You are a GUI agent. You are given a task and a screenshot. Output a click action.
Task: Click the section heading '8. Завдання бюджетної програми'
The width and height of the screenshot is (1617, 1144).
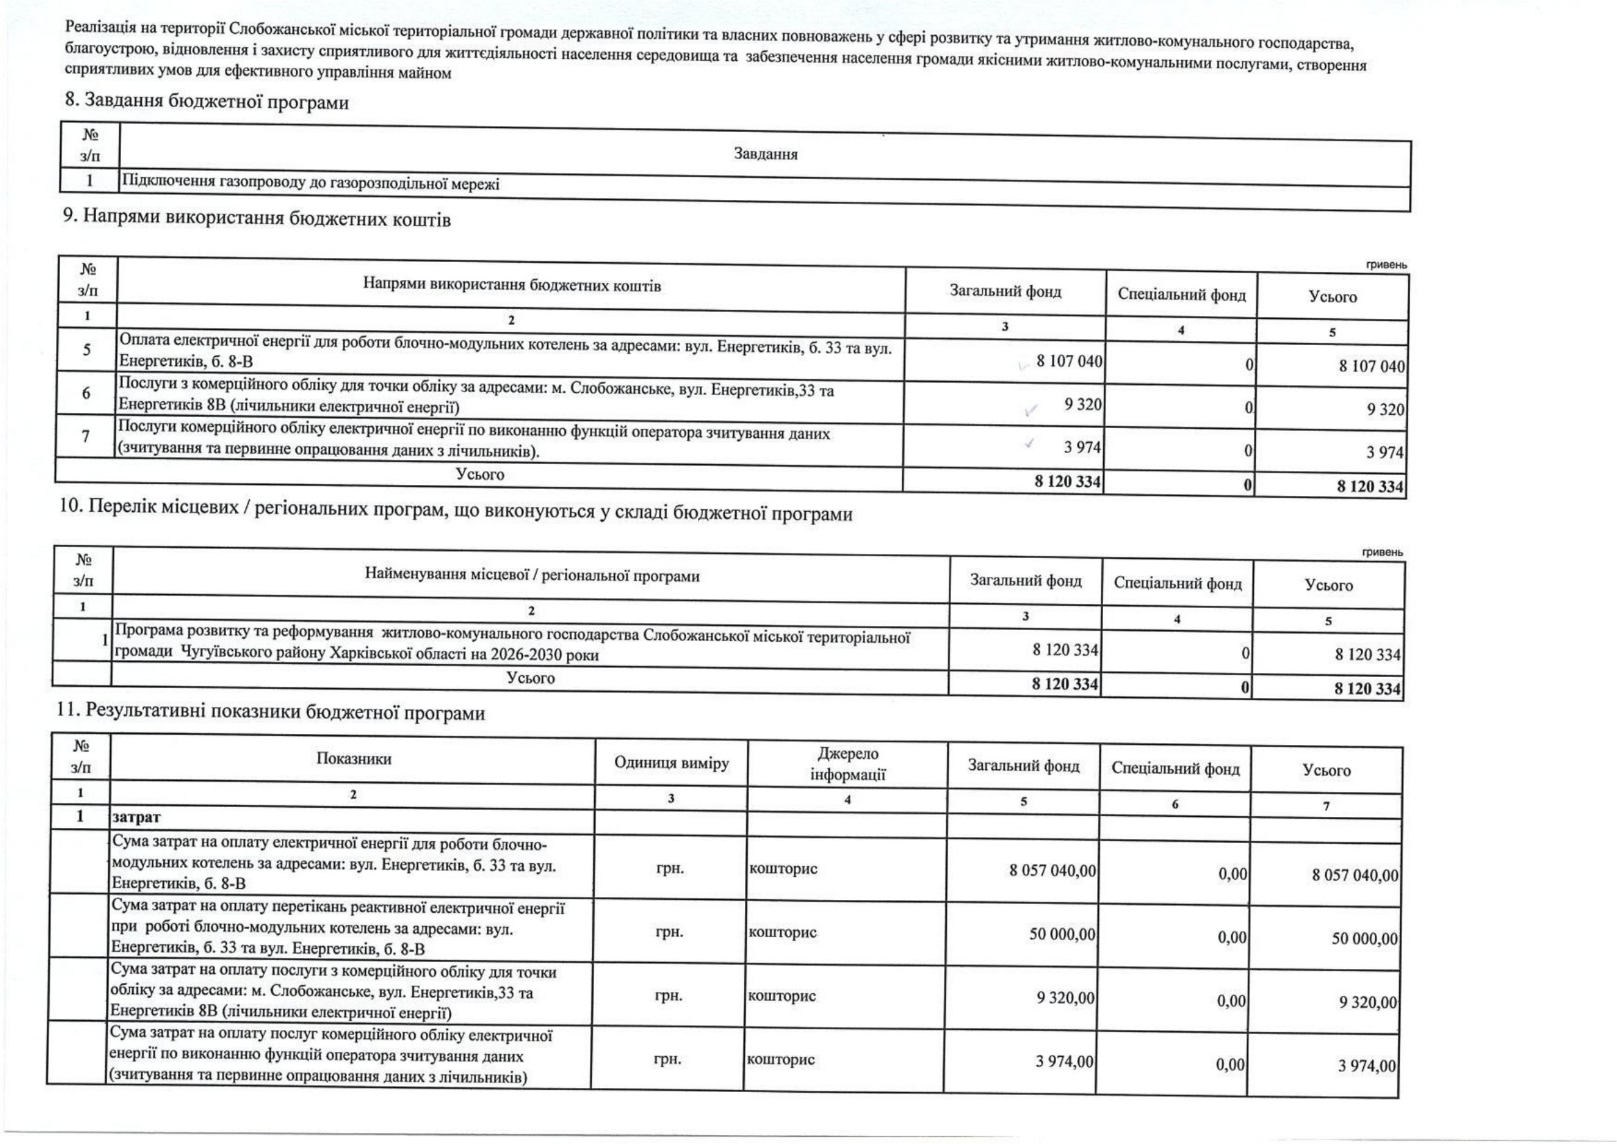tap(207, 102)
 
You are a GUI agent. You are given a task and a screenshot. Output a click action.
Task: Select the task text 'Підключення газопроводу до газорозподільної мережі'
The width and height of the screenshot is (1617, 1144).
tap(311, 184)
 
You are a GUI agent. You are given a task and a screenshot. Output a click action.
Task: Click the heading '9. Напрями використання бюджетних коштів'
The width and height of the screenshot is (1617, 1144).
tap(257, 219)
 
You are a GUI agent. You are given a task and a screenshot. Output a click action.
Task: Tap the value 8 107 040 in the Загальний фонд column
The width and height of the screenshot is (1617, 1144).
tap(1069, 361)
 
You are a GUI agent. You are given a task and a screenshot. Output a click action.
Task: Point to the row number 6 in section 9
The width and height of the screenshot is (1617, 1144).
tap(86, 393)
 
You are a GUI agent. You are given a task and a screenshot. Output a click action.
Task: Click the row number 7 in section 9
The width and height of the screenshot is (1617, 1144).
tap(85, 436)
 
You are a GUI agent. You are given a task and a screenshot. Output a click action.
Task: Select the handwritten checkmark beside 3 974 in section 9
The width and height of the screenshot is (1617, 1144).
tap(1030, 443)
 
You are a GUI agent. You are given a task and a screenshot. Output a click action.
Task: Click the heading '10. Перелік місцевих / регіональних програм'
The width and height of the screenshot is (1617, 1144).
tap(455, 513)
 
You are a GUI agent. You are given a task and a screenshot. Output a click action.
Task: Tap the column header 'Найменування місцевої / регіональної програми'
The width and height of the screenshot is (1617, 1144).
tap(532, 576)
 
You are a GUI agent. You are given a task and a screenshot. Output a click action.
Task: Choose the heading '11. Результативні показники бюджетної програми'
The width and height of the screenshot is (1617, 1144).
tap(271, 713)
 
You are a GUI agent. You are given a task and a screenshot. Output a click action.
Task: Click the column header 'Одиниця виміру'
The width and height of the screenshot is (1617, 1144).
tap(671, 763)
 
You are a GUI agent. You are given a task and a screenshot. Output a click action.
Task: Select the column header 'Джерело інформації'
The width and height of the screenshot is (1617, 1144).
tap(848, 764)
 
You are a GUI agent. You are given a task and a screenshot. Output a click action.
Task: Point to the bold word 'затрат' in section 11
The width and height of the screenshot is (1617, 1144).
tap(136, 817)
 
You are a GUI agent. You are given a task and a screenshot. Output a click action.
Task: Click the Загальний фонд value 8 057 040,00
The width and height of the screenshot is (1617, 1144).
tap(1052, 871)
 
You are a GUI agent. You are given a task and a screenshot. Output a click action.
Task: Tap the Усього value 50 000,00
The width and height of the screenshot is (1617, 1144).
tap(1364, 939)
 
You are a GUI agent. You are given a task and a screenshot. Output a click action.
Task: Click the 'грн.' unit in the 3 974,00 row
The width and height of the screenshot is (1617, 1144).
tap(668, 1059)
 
